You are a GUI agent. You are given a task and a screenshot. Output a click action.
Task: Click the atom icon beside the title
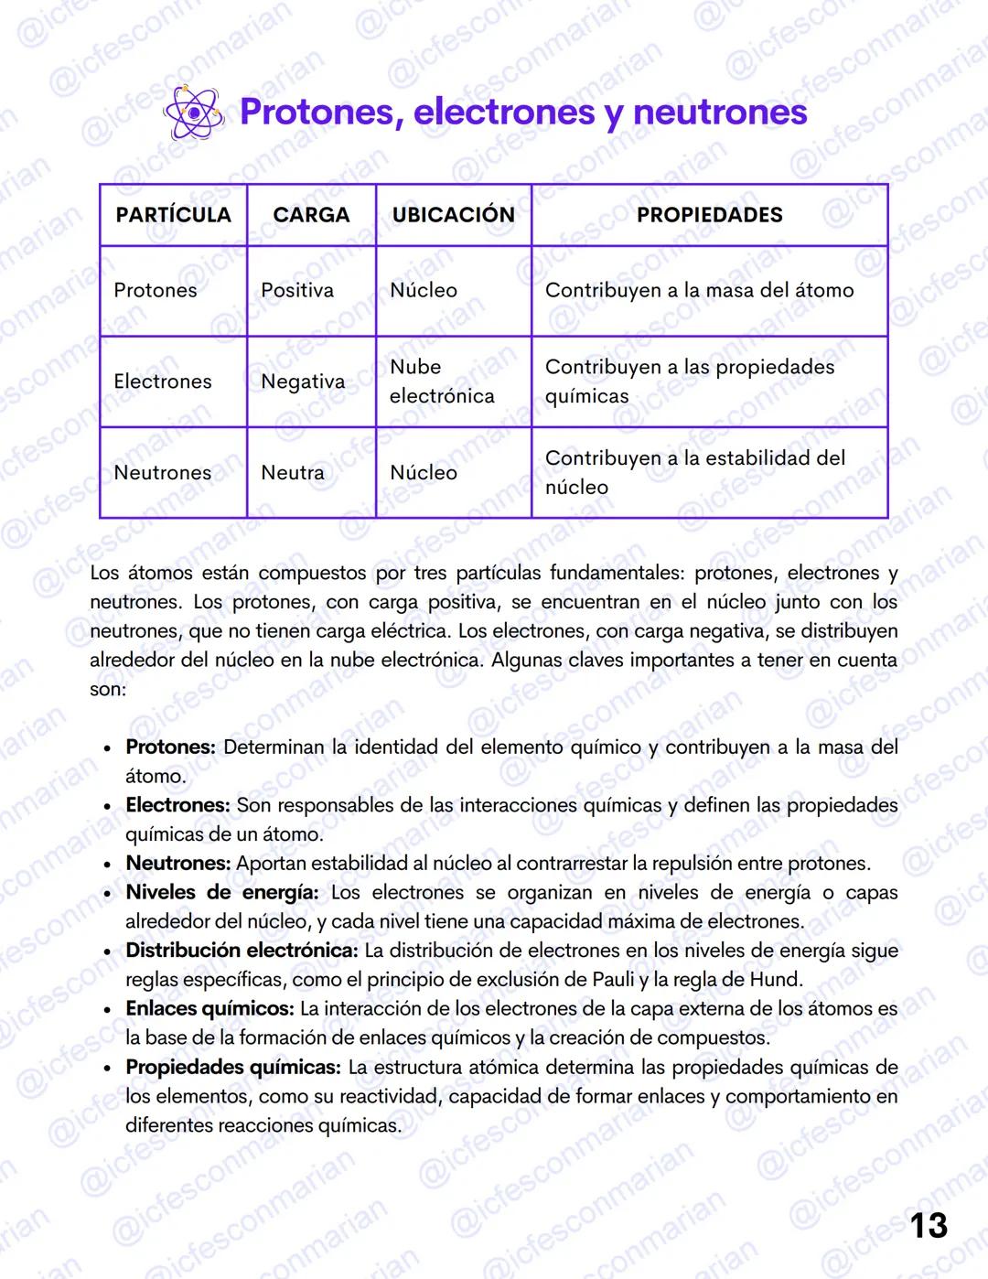click(193, 113)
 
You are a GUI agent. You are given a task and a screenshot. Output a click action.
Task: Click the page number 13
click(929, 1225)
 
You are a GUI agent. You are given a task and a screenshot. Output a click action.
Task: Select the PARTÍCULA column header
click(173, 215)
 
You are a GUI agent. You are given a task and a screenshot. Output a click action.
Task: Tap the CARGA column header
click(311, 215)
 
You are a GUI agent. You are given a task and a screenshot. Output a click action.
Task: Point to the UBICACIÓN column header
click(453, 215)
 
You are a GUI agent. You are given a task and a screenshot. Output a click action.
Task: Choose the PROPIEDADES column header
click(709, 215)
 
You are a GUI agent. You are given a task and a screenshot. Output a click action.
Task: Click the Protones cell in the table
click(156, 290)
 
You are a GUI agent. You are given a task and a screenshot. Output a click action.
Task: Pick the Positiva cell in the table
click(297, 290)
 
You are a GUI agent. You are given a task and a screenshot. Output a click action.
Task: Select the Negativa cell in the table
click(303, 382)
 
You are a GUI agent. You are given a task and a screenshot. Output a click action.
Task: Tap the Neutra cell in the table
click(293, 473)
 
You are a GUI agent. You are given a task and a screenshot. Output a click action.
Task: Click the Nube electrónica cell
click(441, 382)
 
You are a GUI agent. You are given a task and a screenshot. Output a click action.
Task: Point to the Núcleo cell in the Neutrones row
click(424, 473)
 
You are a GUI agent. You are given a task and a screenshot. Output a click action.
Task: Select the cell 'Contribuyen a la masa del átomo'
click(699, 290)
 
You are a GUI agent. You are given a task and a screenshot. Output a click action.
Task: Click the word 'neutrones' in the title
click(720, 113)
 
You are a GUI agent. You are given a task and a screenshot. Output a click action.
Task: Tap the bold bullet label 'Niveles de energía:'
click(222, 892)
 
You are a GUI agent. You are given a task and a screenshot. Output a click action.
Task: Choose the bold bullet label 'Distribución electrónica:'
click(242, 951)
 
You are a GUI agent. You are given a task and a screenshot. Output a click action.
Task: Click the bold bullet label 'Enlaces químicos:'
click(209, 1008)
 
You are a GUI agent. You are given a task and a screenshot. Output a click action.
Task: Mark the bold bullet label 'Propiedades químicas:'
click(233, 1067)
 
